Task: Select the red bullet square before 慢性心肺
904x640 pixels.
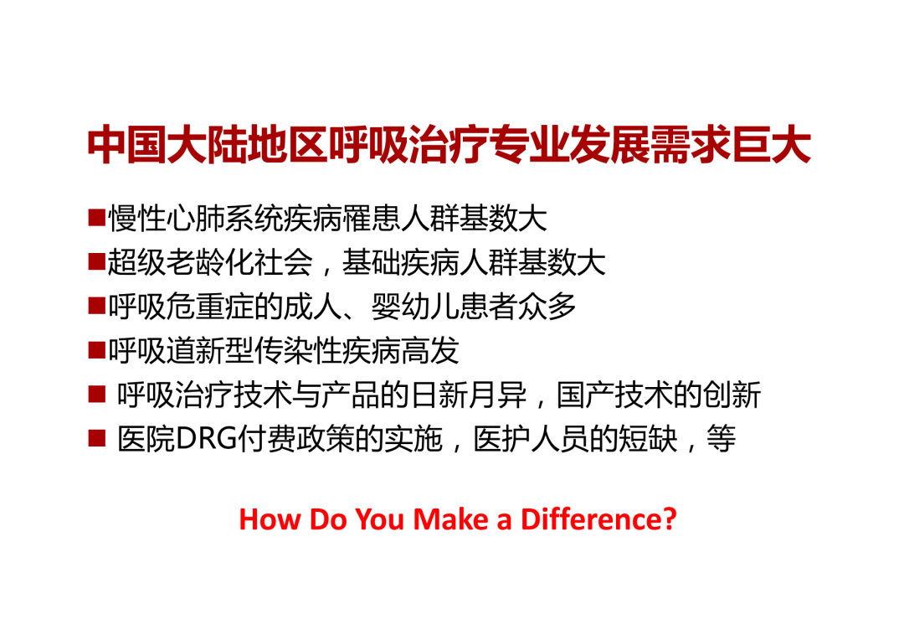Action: pyautogui.click(x=96, y=219)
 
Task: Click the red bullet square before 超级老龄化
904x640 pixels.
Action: pyautogui.click(x=96, y=263)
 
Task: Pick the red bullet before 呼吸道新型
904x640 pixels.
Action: pyautogui.click(x=96, y=350)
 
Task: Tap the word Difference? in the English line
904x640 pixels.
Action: pyautogui.click(x=598, y=519)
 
